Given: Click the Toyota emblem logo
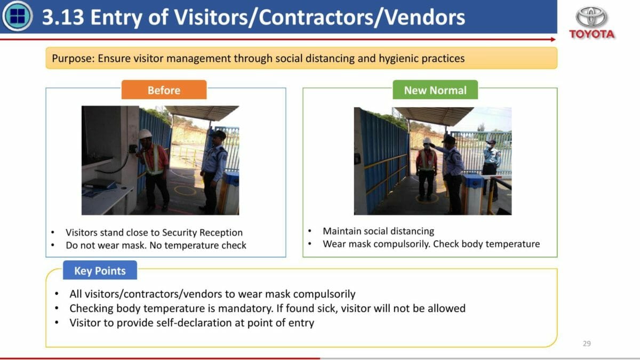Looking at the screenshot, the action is [591, 17].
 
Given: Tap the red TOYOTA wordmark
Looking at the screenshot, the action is [591, 34].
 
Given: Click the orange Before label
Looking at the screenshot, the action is [164, 90].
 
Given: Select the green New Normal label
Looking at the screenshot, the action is [435, 90].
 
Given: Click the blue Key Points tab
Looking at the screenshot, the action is [100, 270].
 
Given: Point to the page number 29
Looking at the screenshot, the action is [587, 343].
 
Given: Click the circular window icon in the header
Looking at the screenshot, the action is [18, 16].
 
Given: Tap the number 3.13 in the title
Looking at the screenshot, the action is [63, 17].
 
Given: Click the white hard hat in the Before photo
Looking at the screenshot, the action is [145, 134].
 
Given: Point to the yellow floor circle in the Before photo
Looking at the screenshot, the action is [185, 190].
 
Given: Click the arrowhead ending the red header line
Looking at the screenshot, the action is [553, 39].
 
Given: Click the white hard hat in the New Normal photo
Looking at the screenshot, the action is [427, 140].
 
